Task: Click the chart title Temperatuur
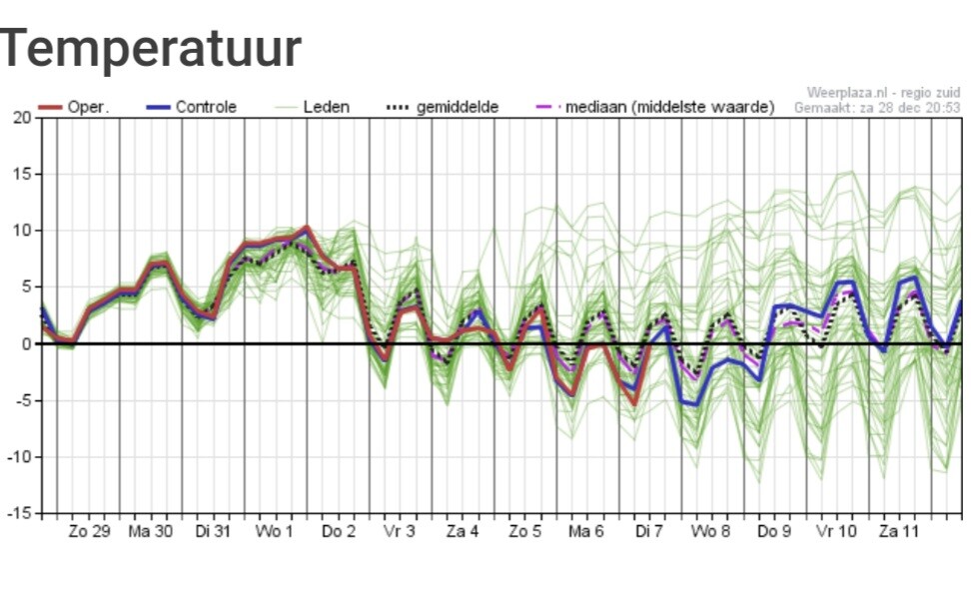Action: click(x=151, y=48)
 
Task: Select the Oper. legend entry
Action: click(x=74, y=107)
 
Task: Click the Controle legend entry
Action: click(x=192, y=107)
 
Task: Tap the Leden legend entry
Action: click(x=312, y=107)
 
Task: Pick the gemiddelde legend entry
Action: click(x=443, y=107)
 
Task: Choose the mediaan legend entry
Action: click(x=655, y=107)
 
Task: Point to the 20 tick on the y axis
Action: click(x=22, y=118)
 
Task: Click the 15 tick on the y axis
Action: click(x=22, y=175)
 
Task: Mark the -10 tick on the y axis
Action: click(x=19, y=457)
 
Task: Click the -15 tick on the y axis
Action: click(x=19, y=513)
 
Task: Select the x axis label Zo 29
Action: click(x=89, y=531)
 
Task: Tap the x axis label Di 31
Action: click(x=213, y=531)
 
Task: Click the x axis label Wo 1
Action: click(x=275, y=531)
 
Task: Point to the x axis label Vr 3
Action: click(x=400, y=531)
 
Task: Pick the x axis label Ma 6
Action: click(x=585, y=531)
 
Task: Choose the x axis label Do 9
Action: click(x=774, y=531)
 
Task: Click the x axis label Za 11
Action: click(x=899, y=531)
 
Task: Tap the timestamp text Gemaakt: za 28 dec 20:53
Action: click(x=877, y=108)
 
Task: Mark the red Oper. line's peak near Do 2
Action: click(x=307, y=228)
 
